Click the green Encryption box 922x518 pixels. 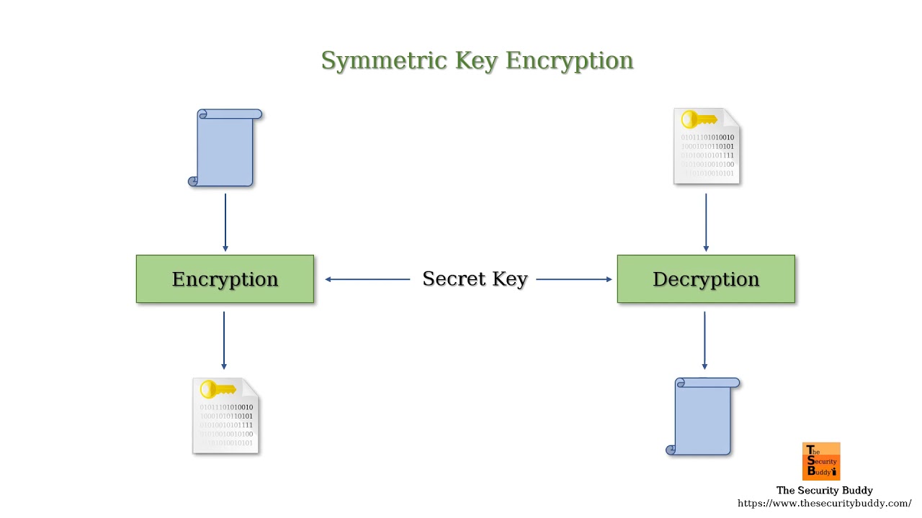pyautogui.click(x=225, y=279)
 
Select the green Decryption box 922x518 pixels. pyautogui.click(x=706, y=279)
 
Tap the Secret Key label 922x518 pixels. pyautogui.click(x=475, y=279)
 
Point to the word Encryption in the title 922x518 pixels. pyautogui.click(x=569, y=60)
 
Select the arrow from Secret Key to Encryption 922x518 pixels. pyautogui.click(x=367, y=279)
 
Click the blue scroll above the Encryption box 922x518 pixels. pyautogui.click(x=226, y=147)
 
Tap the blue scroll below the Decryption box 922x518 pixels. pyautogui.click(x=704, y=416)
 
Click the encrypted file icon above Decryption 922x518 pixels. pyautogui.click(x=707, y=147)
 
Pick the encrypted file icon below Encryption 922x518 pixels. pyautogui.click(x=225, y=416)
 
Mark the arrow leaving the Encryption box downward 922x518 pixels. pyautogui.click(x=224, y=340)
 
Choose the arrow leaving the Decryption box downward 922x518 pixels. pyautogui.click(x=704, y=340)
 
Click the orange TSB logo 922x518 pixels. pyautogui.click(x=821, y=461)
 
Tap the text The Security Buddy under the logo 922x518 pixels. pyautogui.click(x=824, y=491)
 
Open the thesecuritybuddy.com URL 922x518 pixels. pyautogui.click(x=824, y=504)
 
